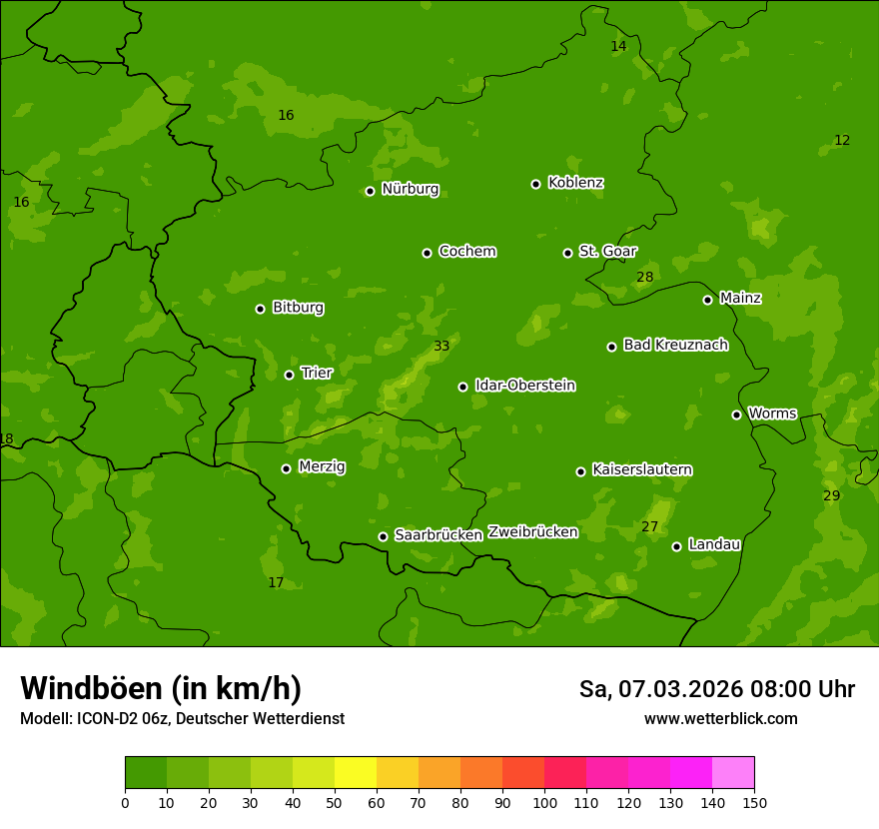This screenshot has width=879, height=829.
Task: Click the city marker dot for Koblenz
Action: tap(535, 184)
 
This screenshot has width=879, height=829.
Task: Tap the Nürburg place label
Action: tap(410, 189)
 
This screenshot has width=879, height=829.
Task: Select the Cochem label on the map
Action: tap(466, 251)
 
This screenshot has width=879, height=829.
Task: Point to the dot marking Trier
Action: tap(289, 375)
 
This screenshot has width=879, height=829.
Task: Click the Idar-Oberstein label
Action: tap(524, 386)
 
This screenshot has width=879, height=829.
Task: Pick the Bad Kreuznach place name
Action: tap(675, 345)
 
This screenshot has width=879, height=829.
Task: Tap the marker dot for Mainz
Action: tap(707, 300)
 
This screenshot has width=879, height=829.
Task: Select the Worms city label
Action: tap(772, 413)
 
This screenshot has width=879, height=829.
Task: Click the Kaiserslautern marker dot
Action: tap(580, 471)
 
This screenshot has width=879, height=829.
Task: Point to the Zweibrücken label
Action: tap(532, 531)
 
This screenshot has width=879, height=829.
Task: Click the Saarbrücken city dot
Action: tap(383, 536)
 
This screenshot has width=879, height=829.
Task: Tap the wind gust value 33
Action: tap(441, 347)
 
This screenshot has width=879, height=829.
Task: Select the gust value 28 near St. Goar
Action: tap(645, 277)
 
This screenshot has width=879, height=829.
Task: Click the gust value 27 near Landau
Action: tap(650, 526)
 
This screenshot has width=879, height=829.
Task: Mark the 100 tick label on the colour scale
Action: tap(544, 802)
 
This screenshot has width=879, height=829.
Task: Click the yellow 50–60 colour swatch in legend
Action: tap(356, 772)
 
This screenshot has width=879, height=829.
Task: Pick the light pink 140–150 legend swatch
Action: tap(733, 772)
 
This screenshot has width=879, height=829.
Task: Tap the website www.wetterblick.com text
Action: tap(720, 718)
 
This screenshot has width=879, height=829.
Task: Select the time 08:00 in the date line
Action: tap(764, 689)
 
